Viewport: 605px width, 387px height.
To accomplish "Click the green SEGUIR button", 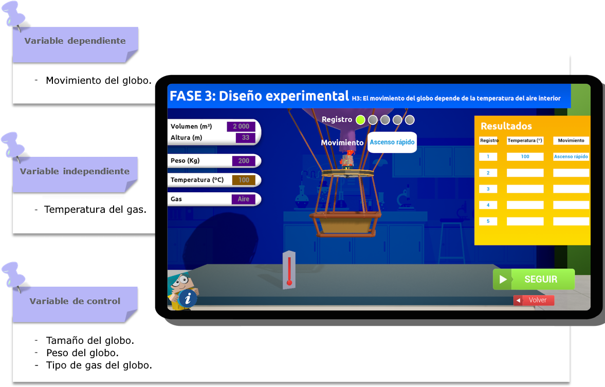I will (534, 279).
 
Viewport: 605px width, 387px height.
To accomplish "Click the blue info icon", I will (188, 298).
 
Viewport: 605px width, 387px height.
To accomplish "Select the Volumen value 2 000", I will (241, 126).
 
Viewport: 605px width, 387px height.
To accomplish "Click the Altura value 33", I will (245, 138).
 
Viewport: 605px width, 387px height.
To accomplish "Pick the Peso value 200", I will (243, 161).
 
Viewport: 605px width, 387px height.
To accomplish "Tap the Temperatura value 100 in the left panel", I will (243, 180).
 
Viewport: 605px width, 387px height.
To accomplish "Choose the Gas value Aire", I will (243, 199).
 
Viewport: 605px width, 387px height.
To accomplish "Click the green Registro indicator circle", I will (360, 120).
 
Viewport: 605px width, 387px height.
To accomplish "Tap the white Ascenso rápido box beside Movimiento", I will (392, 142).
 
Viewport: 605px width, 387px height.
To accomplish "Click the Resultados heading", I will (506, 126).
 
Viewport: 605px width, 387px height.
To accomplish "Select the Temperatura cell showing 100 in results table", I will (525, 157).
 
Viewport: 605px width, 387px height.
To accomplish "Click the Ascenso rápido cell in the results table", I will (571, 157).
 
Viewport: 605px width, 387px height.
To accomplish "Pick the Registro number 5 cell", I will (488, 222).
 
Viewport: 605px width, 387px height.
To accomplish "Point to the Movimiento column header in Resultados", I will (571, 140).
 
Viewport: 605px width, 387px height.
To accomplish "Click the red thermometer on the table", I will (289, 270).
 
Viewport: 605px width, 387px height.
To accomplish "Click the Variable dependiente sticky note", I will (75, 42).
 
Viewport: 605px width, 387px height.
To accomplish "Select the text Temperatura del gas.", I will (95, 210).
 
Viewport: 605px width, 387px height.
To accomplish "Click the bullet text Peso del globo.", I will (82, 353).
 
